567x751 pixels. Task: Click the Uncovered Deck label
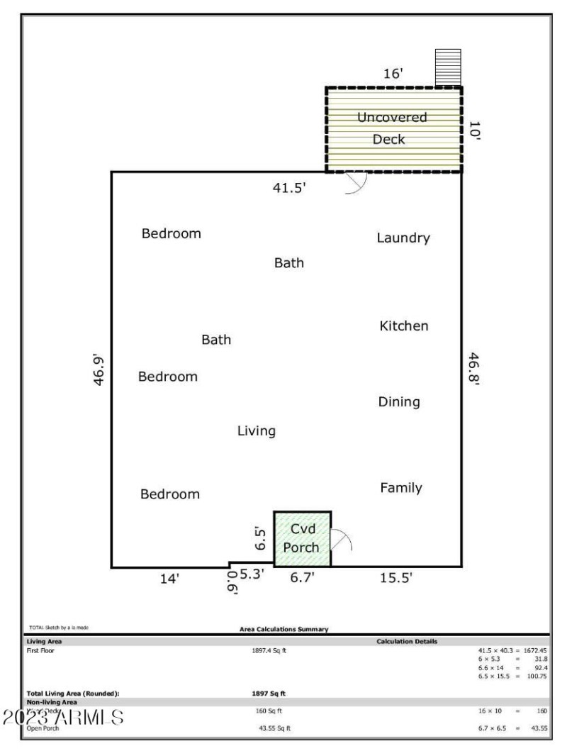pos(392,128)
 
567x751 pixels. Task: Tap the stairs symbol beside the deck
pos(448,67)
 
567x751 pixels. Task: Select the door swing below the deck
pos(354,183)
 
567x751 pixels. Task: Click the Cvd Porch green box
pos(302,538)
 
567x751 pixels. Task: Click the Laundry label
pos(403,238)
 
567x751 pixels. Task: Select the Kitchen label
pos(404,326)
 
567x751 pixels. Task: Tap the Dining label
pos(399,402)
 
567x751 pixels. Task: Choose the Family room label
pos(401,488)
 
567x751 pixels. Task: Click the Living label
pos(257,431)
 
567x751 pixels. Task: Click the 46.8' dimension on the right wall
pos(473,368)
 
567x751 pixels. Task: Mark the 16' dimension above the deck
pos(393,74)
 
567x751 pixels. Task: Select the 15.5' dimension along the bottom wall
pos(396,579)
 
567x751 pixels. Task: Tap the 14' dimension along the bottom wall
pos(169,579)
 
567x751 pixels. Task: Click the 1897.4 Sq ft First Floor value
pos(269,650)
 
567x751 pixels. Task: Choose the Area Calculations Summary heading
pos(283,629)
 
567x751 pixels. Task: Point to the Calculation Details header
pos(407,642)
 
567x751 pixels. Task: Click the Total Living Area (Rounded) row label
pos(73,693)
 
